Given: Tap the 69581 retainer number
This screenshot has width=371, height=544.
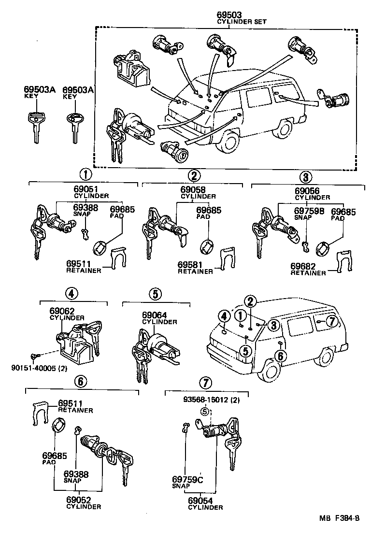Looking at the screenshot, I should point(191,265).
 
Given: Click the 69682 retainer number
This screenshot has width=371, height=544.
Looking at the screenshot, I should point(304,266).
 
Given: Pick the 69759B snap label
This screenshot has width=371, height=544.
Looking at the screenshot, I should point(308,211).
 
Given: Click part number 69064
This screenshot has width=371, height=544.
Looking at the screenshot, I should point(155,315).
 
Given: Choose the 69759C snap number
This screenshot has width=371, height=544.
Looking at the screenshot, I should point(187,479).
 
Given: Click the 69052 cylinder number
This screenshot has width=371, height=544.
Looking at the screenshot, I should point(79,500).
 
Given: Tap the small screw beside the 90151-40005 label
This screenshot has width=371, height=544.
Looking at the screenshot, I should point(33,357).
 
